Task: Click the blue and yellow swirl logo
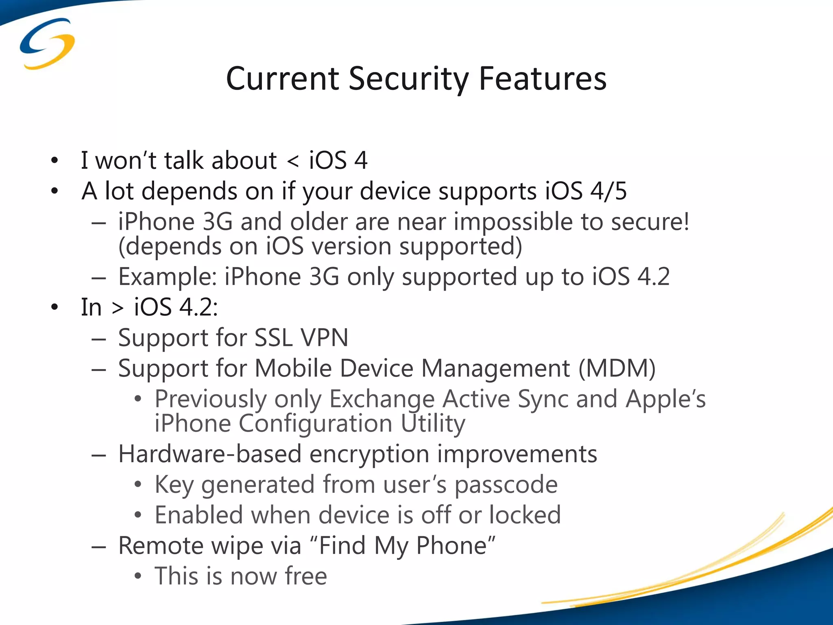pyautogui.click(x=47, y=44)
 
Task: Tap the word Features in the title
pyautogui.click(x=543, y=79)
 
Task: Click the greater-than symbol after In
pyautogui.click(x=118, y=308)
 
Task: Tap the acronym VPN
pyautogui.click(x=324, y=338)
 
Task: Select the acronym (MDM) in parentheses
pyautogui.click(x=617, y=369)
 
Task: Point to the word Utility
pyautogui.click(x=433, y=424)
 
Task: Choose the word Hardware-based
pyautogui.click(x=209, y=454)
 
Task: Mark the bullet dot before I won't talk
pyautogui.click(x=55, y=161)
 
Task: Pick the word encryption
pyautogui.click(x=369, y=454)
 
